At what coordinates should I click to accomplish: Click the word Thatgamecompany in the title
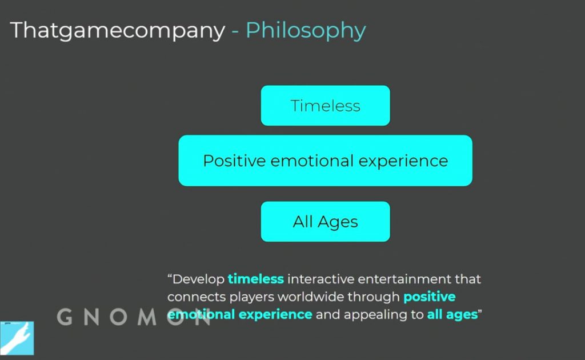118,30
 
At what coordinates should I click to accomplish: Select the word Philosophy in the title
306,30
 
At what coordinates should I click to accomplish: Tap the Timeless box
325,106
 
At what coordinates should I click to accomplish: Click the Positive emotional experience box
325,161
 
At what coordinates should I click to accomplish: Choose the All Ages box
325,222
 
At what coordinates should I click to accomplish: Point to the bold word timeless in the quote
256,279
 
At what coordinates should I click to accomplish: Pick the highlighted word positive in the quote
430,297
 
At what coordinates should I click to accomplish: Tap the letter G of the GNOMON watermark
65,317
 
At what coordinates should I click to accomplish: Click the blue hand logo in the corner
17,338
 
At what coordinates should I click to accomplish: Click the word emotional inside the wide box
312,161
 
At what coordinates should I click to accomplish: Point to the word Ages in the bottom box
338,222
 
